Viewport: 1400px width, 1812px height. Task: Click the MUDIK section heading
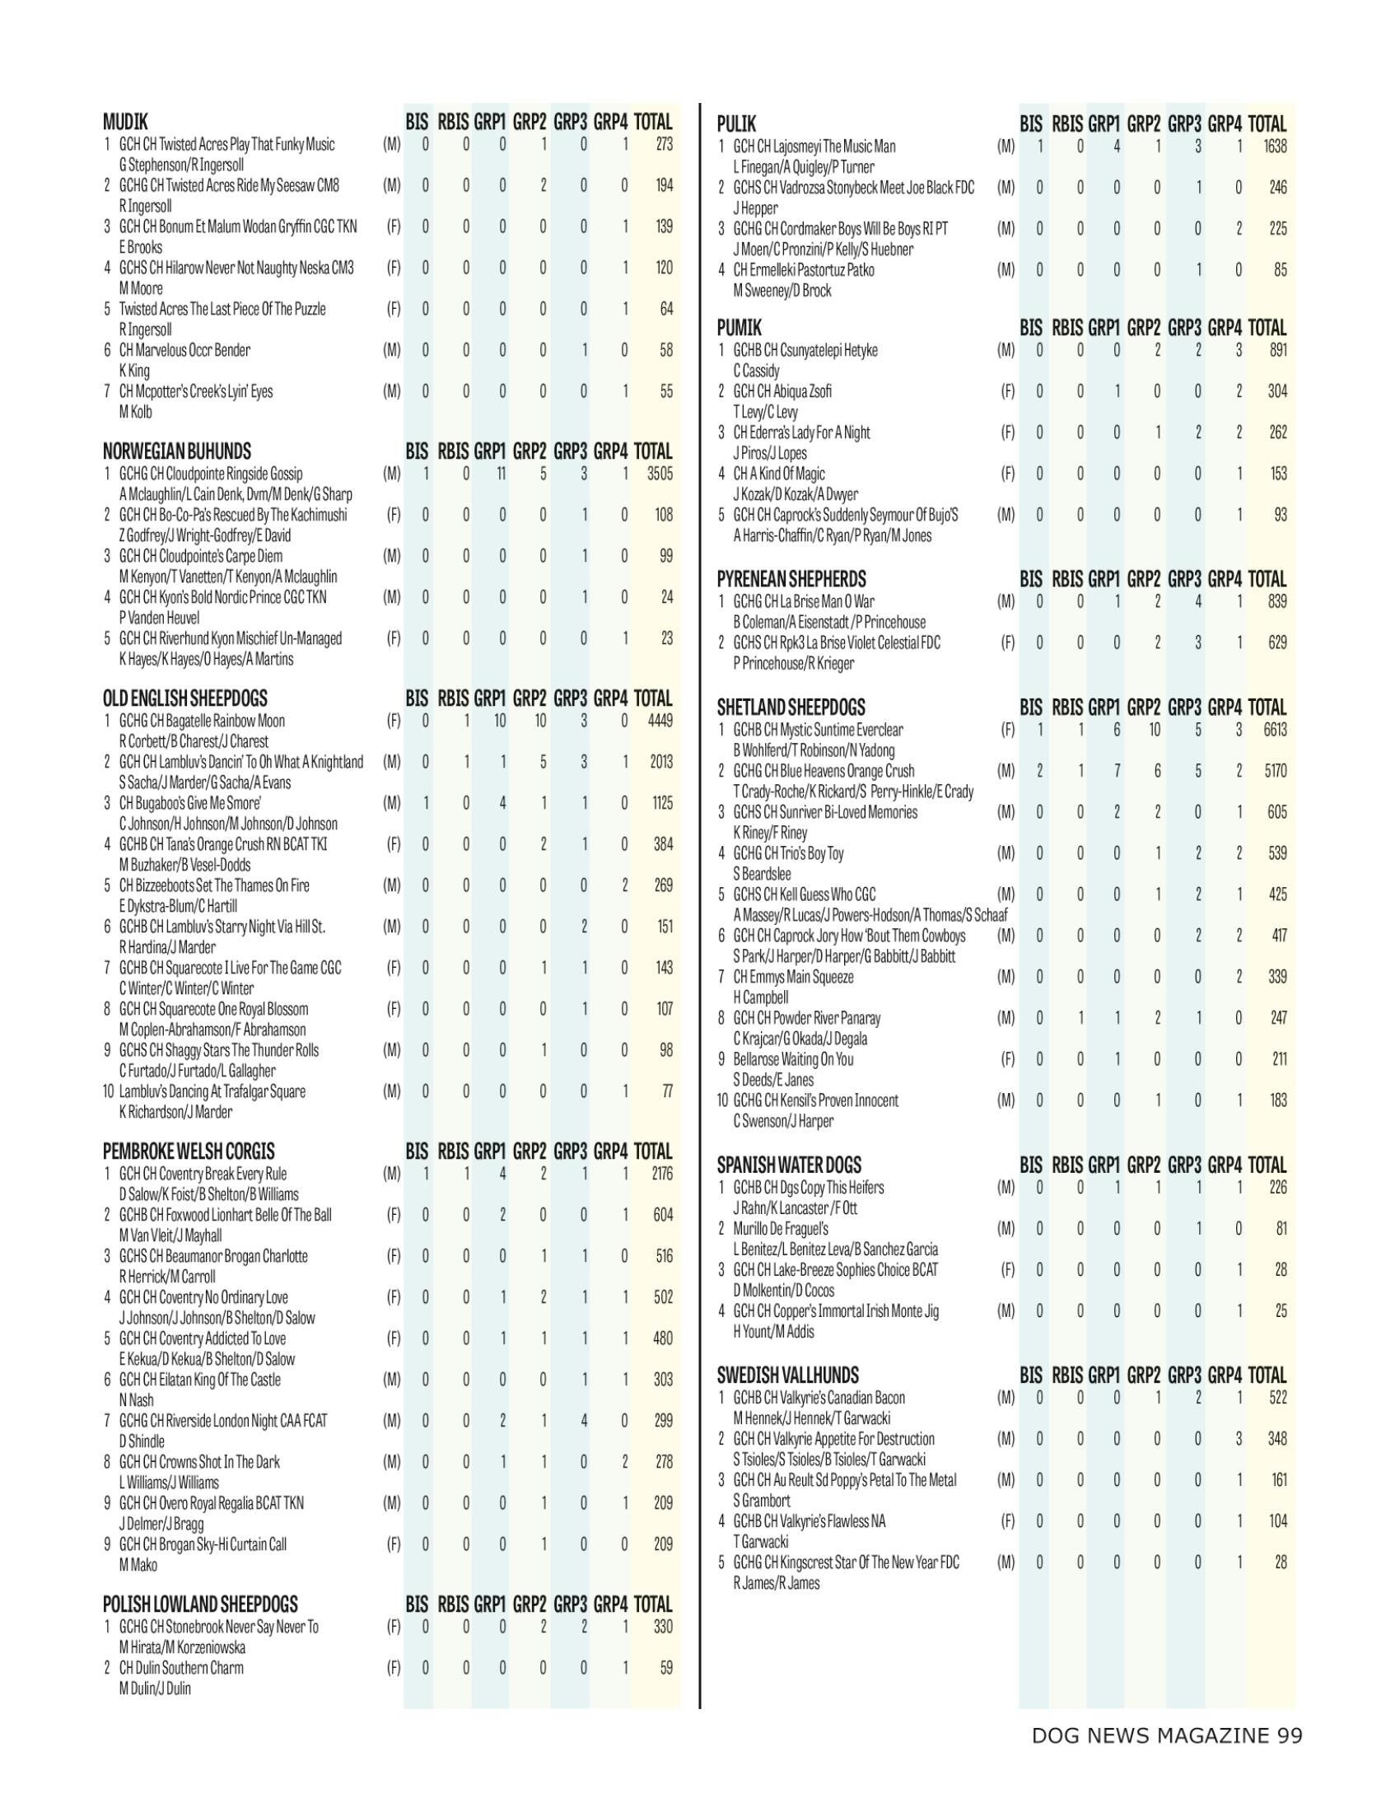click(125, 123)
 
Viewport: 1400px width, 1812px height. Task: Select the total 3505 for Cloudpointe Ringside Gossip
click(660, 474)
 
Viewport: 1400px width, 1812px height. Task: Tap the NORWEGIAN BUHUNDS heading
click(177, 451)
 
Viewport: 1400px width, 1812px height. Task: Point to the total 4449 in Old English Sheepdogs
click(660, 720)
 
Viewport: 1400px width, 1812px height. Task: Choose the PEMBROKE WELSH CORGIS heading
click(189, 1151)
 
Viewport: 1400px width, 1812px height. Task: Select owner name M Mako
click(138, 1565)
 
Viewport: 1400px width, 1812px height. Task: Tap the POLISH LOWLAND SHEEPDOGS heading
click(200, 1604)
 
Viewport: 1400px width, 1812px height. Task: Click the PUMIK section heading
click(739, 328)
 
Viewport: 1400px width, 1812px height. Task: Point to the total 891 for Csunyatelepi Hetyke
click(1277, 350)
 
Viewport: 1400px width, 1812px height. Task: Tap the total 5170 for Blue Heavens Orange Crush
click(1275, 771)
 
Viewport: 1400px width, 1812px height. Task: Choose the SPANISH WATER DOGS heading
click(789, 1165)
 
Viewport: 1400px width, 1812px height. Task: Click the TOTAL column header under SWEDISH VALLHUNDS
click(1267, 1375)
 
